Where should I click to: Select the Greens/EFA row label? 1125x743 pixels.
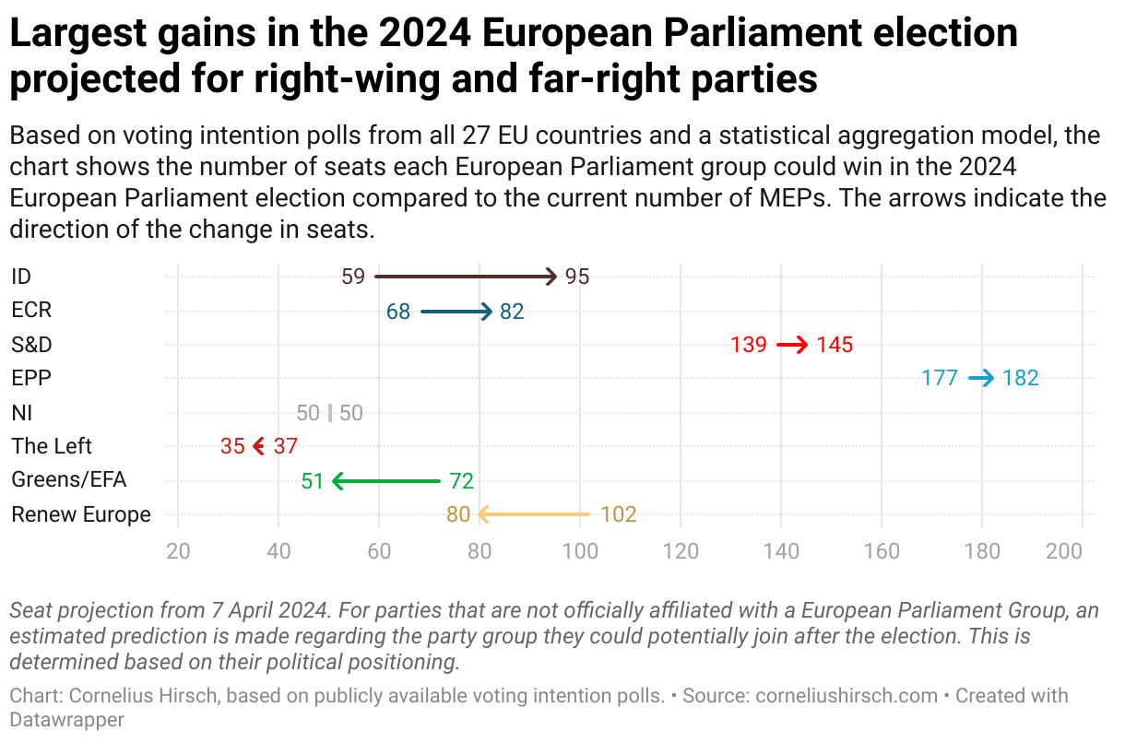point(69,480)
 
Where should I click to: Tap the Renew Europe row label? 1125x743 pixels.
point(81,514)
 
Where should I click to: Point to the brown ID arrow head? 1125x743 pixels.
point(551,277)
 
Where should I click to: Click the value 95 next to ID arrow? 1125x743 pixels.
point(577,277)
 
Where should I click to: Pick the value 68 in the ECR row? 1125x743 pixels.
point(398,312)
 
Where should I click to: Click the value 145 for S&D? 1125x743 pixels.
point(835,346)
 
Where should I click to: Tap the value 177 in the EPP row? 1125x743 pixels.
point(940,378)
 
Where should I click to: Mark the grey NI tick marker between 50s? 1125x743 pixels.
point(330,413)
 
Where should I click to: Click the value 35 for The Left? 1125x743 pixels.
point(232,447)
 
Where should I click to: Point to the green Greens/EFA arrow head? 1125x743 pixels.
point(338,480)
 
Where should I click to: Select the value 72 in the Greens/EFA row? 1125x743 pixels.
point(461,480)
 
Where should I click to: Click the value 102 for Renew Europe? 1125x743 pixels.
point(619,514)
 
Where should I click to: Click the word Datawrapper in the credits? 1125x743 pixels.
point(66,719)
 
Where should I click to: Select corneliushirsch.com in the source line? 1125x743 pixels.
point(847,696)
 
